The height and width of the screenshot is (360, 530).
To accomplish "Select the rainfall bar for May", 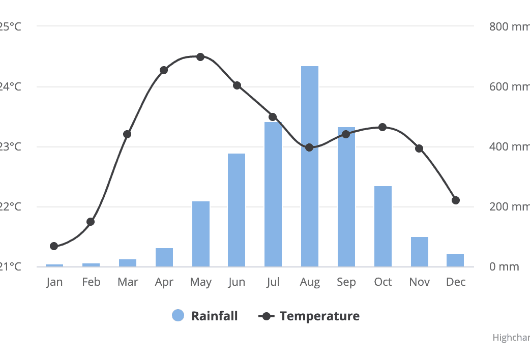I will pyautogui.click(x=201, y=234).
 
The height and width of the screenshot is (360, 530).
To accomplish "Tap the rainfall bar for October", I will pyautogui.click(x=383, y=226).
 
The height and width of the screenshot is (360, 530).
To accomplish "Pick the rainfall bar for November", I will pyautogui.click(x=420, y=252).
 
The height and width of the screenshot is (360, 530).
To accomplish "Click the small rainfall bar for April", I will pyautogui.click(x=164, y=257).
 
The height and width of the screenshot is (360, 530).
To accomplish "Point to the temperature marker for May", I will pyautogui.click(x=200, y=57).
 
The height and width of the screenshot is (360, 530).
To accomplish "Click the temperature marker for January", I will pyautogui.click(x=54, y=246).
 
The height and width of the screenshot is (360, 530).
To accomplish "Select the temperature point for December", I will pyautogui.click(x=456, y=200).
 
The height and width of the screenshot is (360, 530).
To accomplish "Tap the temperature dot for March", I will pyautogui.click(x=127, y=134).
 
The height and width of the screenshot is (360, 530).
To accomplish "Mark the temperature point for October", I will pyautogui.click(x=382, y=127).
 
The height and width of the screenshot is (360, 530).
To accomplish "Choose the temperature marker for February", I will pyautogui.click(x=91, y=222).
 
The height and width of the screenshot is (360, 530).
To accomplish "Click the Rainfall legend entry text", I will pyautogui.click(x=214, y=316).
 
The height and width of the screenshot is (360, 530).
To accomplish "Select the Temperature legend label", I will pyautogui.click(x=319, y=316).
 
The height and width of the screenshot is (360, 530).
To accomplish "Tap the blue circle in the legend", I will pyautogui.click(x=178, y=316).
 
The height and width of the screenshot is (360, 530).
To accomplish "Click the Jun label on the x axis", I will pyautogui.click(x=237, y=282).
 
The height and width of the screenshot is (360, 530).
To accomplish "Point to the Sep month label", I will pyautogui.click(x=346, y=282).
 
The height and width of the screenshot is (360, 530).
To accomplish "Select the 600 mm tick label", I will pyautogui.click(x=509, y=86).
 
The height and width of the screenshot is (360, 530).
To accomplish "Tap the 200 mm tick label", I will pyautogui.click(x=509, y=206).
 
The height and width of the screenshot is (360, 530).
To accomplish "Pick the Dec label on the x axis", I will pyautogui.click(x=456, y=282).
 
